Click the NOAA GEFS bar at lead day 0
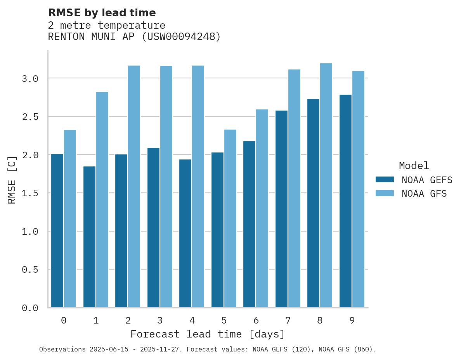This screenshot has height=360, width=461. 57,231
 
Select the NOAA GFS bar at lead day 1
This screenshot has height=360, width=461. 102,200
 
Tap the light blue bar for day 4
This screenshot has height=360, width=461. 198,187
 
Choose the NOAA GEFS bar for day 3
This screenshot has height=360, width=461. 153,228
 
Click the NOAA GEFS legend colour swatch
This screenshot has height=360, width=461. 385,180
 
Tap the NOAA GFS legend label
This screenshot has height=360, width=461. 424,194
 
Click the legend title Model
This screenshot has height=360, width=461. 414,166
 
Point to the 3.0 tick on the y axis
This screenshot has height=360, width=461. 30,79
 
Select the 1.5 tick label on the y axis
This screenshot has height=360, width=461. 30,193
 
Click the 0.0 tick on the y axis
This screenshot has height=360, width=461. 30,308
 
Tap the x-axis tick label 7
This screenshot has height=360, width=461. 288,320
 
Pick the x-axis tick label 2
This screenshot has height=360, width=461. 128,320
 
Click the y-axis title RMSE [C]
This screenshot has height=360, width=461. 12,180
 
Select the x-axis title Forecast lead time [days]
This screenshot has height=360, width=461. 208,334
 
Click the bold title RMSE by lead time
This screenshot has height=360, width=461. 102,13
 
